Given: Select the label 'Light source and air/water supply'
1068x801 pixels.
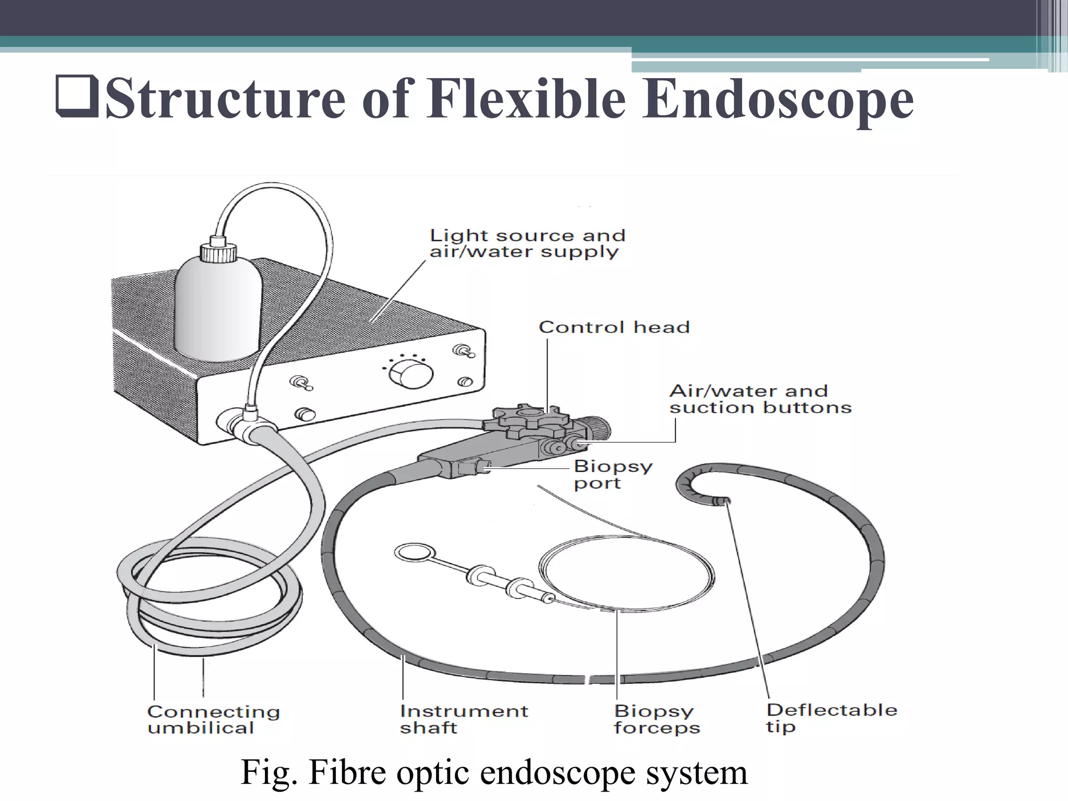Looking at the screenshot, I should click(x=527, y=243).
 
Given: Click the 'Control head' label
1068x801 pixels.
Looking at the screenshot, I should click(x=614, y=327).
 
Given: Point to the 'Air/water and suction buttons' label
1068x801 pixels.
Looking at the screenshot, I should click(x=760, y=399).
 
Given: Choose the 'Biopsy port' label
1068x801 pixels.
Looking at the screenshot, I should click(x=613, y=474).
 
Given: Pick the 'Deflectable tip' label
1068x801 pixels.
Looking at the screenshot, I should click(x=831, y=718).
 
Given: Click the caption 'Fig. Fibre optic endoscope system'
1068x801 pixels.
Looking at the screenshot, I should click(x=494, y=773).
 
